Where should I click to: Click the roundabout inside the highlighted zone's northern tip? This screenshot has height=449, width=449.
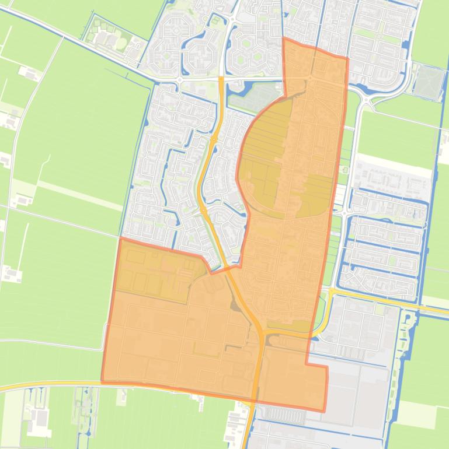pyautogui.click(x=309, y=78)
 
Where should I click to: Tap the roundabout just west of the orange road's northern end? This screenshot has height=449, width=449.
pyautogui.click(x=179, y=79)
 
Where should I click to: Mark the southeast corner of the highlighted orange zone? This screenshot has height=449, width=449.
pyautogui.click(x=324, y=411)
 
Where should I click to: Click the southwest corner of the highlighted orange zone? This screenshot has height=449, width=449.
pyautogui.click(x=102, y=382)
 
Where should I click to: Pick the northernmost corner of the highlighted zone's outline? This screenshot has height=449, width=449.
pyautogui.click(x=284, y=38)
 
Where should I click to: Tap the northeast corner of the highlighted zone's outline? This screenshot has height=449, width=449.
pyautogui.click(x=347, y=58)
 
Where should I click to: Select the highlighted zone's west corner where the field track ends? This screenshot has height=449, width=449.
pyautogui.click(x=120, y=238)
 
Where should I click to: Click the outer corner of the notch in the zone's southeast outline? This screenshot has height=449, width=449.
pyautogui.click(x=327, y=367)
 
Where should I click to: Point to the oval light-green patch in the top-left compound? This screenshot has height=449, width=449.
pyautogui.click(x=121, y=44)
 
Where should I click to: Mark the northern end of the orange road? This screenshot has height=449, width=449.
pyautogui.click(x=221, y=78)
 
